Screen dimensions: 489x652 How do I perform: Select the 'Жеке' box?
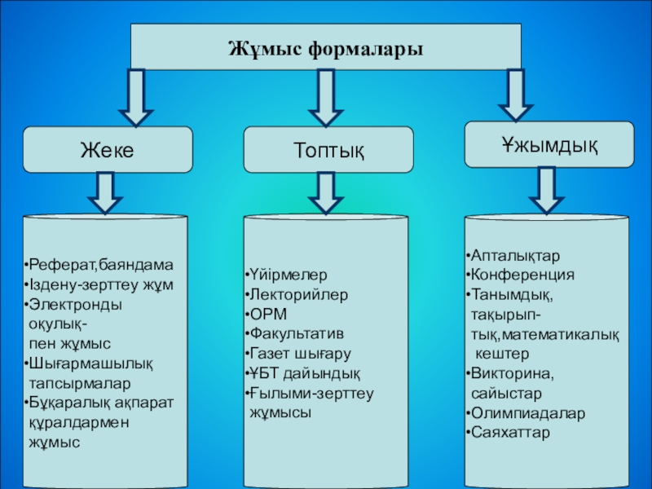coord(107,149)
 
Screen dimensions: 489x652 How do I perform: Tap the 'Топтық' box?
coord(328,150)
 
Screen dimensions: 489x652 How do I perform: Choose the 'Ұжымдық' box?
coord(548,144)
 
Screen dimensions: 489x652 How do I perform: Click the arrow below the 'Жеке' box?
coord(106,193)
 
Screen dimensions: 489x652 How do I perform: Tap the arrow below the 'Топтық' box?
coord(326,193)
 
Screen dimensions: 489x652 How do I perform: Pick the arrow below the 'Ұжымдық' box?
coord(546,190)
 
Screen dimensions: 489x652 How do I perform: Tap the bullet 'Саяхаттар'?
coord(509,433)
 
